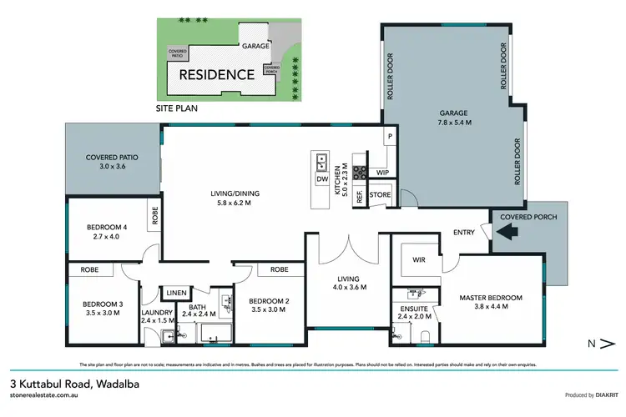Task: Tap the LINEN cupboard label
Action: (175, 292)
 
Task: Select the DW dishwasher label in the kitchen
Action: (321, 178)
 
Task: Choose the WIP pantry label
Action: (383, 173)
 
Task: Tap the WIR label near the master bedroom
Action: (419, 259)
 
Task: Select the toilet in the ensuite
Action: (427, 335)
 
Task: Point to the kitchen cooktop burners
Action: (360, 173)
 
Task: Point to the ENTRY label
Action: (464, 233)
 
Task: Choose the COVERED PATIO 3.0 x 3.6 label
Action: (112, 161)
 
